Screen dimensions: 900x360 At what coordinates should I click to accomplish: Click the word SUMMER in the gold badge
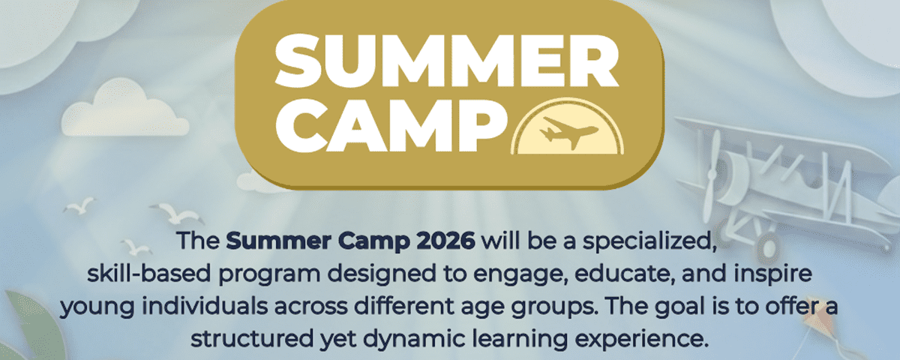[447, 60]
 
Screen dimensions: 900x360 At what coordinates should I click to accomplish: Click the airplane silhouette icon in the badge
[568, 132]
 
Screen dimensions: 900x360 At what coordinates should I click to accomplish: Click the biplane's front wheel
[766, 246]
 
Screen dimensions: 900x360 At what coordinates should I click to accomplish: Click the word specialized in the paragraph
[649, 241]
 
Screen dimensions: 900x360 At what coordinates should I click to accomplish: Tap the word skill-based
[149, 274]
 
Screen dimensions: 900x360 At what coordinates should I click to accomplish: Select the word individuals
[205, 307]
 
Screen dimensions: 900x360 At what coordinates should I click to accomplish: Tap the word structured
[252, 339]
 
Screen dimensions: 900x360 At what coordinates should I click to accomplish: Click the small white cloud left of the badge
[124, 109]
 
